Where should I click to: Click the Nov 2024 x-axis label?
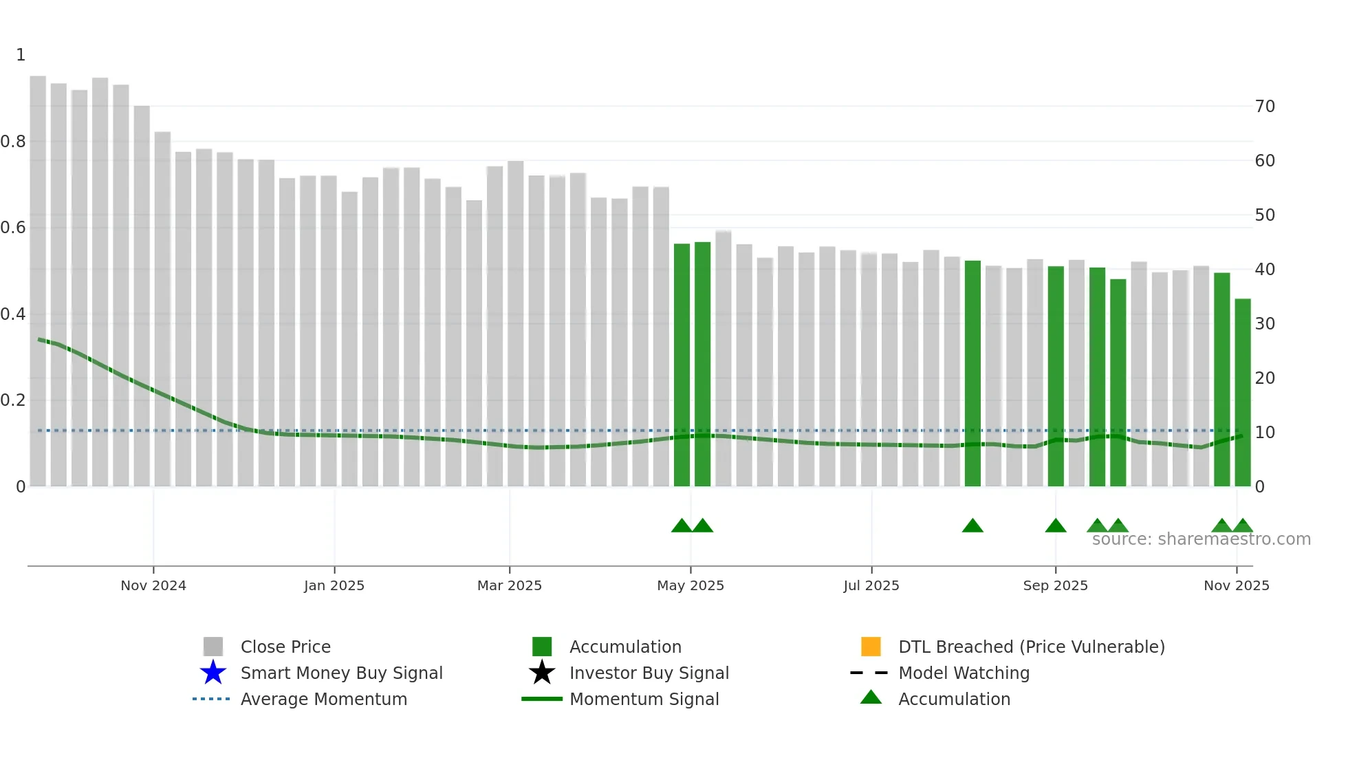153,585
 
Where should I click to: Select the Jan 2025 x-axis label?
334,585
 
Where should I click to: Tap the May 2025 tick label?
691,585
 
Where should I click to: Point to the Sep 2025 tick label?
1055,585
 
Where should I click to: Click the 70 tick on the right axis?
1264,107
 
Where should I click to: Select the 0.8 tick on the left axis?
13,142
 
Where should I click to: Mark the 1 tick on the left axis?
21,55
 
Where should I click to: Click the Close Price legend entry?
285,647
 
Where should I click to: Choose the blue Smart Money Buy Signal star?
213,673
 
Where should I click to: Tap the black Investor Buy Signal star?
542,673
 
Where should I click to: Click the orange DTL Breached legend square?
871,647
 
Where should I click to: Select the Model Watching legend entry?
964,673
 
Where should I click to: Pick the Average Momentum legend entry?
323,699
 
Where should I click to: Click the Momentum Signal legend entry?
644,699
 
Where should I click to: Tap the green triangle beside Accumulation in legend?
871,697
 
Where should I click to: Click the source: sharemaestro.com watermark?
1201,539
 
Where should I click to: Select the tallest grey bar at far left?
38,275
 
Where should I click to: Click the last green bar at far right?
1242,392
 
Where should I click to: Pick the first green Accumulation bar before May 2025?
682,365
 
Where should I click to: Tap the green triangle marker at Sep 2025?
1055,526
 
